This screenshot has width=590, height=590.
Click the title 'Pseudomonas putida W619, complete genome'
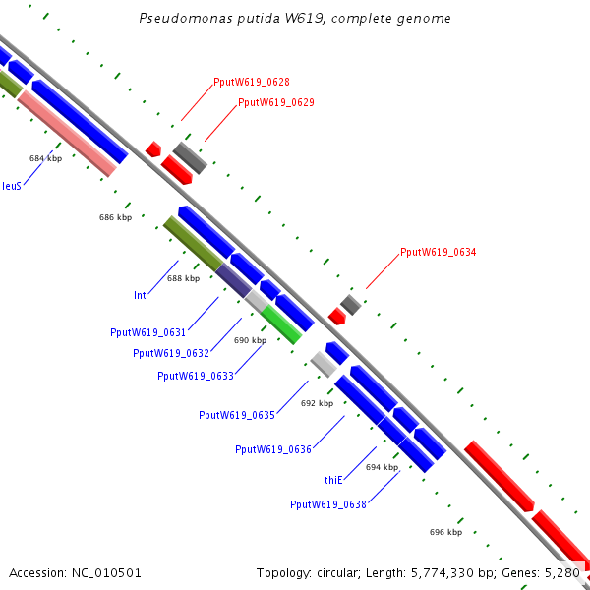[295, 19]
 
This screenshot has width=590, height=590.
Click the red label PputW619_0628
[251, 83]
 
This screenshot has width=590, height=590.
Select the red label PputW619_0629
[275, 102]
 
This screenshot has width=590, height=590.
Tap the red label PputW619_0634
[438, 253]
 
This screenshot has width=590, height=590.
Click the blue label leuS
[12, 185]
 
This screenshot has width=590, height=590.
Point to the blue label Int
[140, 294]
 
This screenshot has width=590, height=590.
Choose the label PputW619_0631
[148, 332]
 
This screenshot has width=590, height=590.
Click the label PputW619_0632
[171, 353]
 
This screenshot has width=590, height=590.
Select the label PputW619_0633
[195, 375]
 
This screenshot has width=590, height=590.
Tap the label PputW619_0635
[237, 415]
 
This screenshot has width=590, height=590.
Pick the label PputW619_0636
[273, 449]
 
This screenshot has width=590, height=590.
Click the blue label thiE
[333, 480]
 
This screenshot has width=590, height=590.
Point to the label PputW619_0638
[328, 504]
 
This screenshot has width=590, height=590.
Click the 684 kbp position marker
[45, 158]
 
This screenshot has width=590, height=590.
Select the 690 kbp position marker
[250, 340]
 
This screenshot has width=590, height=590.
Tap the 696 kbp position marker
[445, 532]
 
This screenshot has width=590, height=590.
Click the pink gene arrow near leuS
[67, 133]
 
